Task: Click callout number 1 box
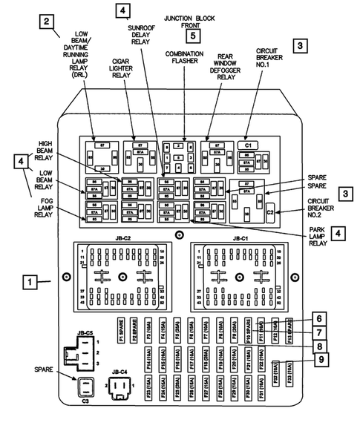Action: (29, 282)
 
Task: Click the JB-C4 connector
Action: (119, 386)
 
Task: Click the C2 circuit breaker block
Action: (271, 213)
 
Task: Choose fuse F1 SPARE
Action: (120, 330)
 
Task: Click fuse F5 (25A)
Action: (177, 330)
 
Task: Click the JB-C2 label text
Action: (122, 240)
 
